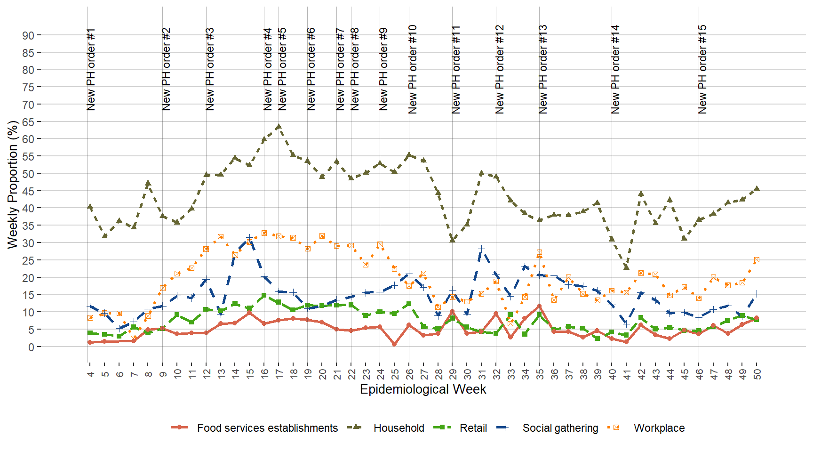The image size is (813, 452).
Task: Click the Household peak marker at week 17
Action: (279, 126)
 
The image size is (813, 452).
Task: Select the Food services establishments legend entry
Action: (267, 428)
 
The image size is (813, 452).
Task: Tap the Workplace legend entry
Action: (659, 428)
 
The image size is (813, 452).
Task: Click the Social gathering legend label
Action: (560, 428)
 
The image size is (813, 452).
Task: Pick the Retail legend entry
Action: (473, 428)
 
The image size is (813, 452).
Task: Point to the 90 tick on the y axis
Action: (28, 35)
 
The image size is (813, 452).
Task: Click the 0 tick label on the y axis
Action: (31, 347)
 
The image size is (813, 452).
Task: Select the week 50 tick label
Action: (757, 374)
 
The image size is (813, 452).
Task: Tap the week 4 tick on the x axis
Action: (90, 374)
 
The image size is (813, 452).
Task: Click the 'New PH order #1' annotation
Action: (91, 70)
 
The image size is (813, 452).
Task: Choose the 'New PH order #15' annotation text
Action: (702, 70)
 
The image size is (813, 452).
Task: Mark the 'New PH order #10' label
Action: (413, 70)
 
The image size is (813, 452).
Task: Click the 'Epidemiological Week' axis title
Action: (423, 389)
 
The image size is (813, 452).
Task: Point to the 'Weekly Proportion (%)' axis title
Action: (13, 185)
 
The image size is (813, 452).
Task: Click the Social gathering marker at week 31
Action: (481, 249)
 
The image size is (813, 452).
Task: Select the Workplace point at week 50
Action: (757, 260)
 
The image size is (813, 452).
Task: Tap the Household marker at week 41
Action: (626, 267)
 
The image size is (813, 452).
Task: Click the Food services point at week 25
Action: (394, 344)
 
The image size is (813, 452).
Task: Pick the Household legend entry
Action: (398, 428)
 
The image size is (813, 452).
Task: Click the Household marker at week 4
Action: (90, 207)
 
